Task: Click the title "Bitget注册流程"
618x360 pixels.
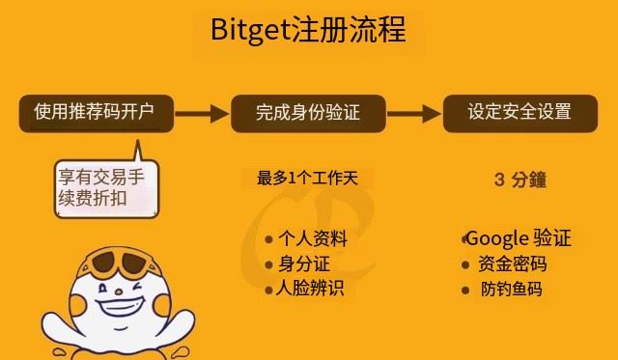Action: (x=308, y=30)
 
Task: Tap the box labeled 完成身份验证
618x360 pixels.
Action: (x=307, y=113)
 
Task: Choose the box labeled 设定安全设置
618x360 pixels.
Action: (x=520, y=113)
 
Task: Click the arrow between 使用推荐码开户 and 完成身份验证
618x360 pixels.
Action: (x=203, y=113)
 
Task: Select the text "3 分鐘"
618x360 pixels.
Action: (x=520, y=180)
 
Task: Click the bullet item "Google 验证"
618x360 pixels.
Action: (x=519, y=238)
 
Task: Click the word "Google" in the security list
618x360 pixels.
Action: (x=497, y=238)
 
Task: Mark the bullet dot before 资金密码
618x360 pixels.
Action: (x=466, y=264)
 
